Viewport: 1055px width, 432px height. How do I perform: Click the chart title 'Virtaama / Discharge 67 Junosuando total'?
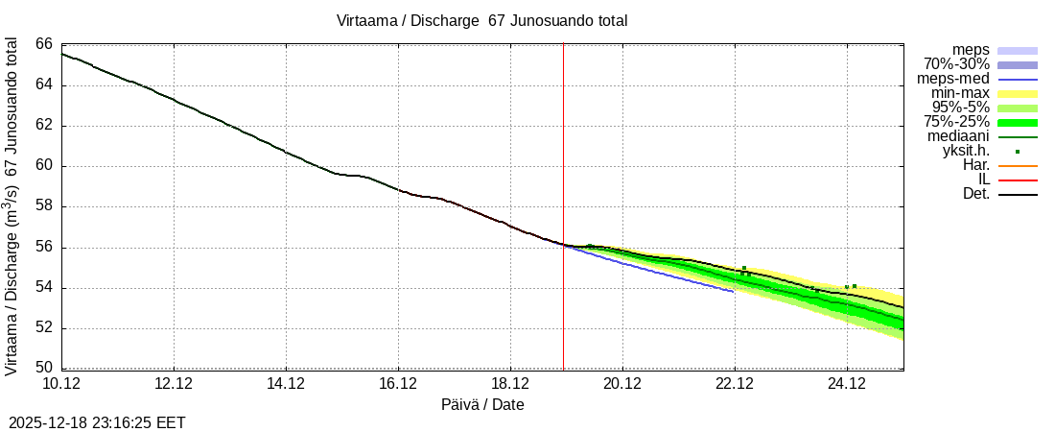point(481,20)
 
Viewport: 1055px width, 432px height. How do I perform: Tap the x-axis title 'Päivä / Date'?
point(482,404)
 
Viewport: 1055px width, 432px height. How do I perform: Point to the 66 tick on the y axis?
point(44,44)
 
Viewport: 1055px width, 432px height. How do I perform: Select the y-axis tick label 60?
point(44,166)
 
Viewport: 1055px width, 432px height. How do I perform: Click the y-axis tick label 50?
point(44,368)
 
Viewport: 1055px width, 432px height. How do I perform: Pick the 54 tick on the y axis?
point(44,288)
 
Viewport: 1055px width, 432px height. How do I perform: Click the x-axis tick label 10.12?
point(61,384)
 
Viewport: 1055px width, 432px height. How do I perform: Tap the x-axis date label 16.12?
point(398,384)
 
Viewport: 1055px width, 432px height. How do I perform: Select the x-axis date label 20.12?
point(622,384)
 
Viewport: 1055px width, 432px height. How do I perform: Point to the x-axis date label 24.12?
point(847,384)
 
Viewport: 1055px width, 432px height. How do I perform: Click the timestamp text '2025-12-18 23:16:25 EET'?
point(97,422)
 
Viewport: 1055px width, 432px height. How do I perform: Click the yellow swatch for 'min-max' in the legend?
point(1017,93)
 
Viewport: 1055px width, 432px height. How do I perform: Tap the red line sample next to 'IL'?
point(1017,180)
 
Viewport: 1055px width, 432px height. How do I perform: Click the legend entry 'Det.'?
point(975,194)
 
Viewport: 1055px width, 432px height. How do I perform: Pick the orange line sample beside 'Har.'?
point(1017,165)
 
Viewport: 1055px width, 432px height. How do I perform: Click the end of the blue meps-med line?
point(734,291)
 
